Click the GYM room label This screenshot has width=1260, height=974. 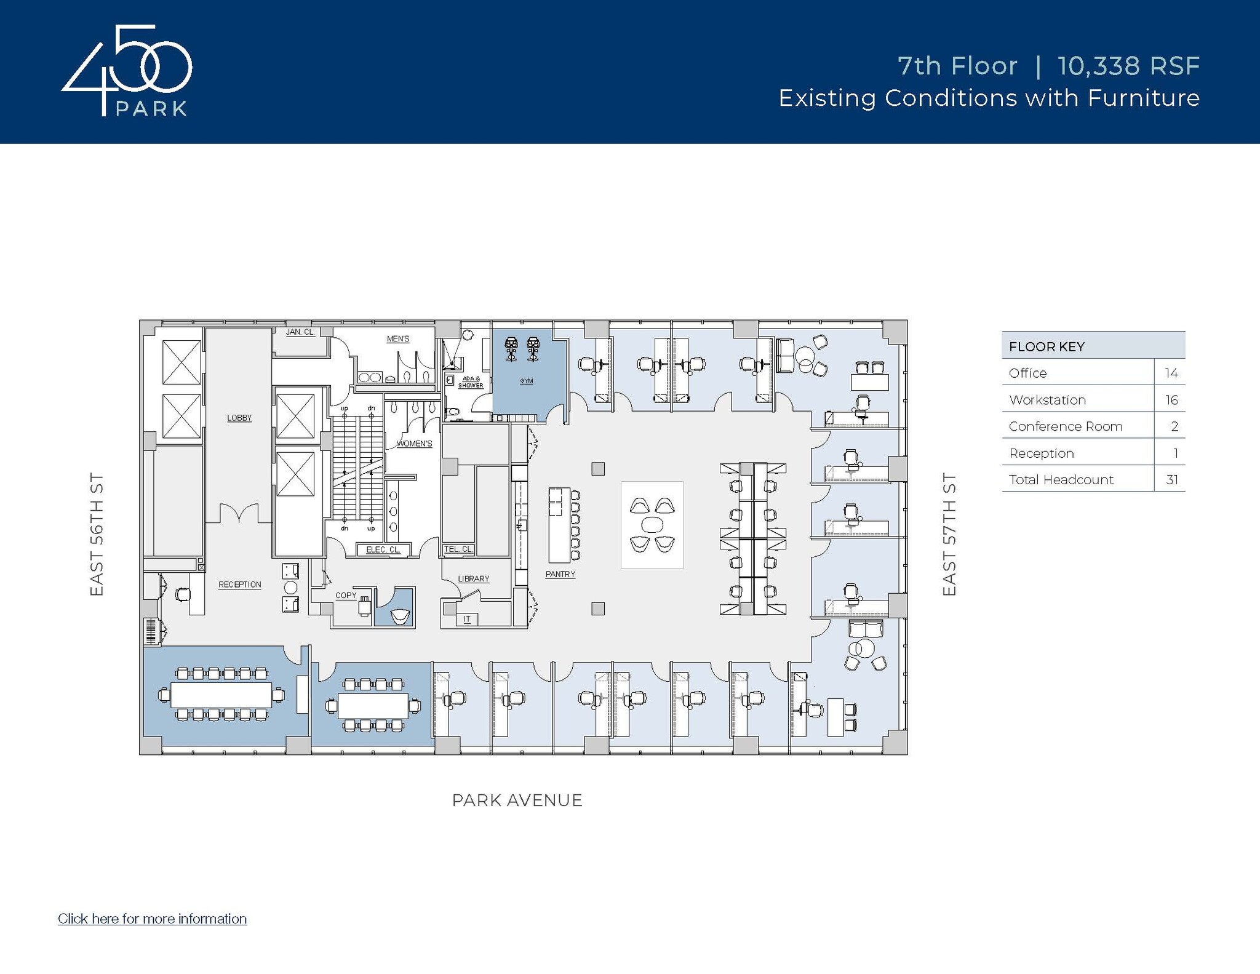(x=526, y=381)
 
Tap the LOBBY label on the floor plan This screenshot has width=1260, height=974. (x=239, y=418)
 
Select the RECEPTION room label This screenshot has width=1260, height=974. (x=240, y=585)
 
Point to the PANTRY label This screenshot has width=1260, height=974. (x=560, y=574)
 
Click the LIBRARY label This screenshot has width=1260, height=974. (x=474, y=579)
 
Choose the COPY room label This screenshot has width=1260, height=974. (x=346, y=595)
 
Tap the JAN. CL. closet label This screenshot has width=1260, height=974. (x=300, y=332)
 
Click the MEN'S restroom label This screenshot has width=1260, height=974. (x=398, y=339)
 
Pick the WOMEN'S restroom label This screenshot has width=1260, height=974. (x=415, y=444)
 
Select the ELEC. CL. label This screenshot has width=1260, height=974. (x=383, y=549)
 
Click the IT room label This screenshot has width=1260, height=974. (x=467, y=619)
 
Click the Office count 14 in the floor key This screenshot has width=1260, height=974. (x=1171, y=373)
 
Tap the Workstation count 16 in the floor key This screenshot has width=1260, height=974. (x=1171, y=400)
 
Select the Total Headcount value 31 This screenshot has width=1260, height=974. (x=1172, y=480)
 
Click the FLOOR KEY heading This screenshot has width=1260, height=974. (x=1047, y=347)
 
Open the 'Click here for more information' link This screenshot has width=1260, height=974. (x=153, y=919)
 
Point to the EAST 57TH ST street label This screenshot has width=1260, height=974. (x=949, y=534)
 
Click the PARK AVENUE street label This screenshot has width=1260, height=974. (x=517, y=800)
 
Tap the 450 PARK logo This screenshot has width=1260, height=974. (x=127, y=70)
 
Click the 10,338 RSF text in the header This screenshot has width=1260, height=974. (x=1129, y=66)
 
